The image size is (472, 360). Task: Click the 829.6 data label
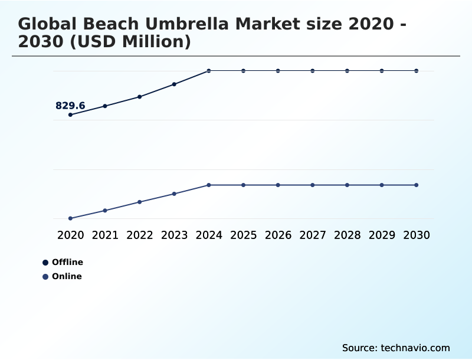[x=70, y=106]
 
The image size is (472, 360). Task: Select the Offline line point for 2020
[x=70, y=114]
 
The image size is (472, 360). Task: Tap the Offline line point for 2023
[x=174, y=84]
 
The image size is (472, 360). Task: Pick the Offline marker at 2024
[x=209, y=71]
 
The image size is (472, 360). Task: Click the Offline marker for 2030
[x=416, y=71]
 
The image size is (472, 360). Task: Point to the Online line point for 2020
[x=70, y=218]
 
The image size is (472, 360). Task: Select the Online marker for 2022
[x=140, y=202]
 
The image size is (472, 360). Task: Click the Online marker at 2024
[x=209, y=185]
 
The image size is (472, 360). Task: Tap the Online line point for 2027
[x=313, y=185]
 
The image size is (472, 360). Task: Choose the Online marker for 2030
[x=416, y=185]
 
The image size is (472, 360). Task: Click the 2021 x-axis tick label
[x=105, y=235]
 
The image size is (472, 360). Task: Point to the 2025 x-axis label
[x=243, y=235]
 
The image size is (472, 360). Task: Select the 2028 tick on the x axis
[x=347, y=235]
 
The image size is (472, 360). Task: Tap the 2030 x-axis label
[x=416, y=235]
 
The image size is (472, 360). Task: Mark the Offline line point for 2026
[x=278, y=71]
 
